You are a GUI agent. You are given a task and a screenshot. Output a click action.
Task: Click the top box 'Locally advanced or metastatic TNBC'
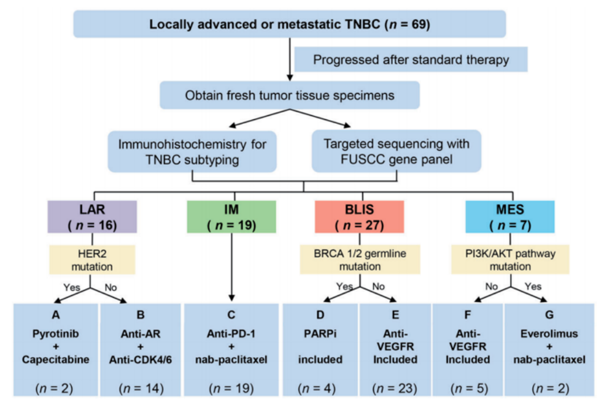pyautogui.click(x=289, y=25)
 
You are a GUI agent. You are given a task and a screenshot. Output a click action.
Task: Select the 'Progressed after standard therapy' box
pyautogui.click(x=411, y=60)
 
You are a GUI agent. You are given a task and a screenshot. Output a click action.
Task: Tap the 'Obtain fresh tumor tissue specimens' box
pyautogui.click(x=289, y=95)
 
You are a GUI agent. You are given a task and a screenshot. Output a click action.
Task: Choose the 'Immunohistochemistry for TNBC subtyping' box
pyautogui.click(x=192, y=151)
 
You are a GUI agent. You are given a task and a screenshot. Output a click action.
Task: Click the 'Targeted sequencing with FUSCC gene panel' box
pyautogui.click(x=396, y=151)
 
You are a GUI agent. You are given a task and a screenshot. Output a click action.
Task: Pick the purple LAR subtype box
pyautogui.click(x=92, y=218)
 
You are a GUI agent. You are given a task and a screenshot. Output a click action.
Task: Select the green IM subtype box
pyautogui.click(x=231, y=218)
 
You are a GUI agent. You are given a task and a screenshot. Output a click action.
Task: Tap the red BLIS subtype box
pyautogui.click(x=359, y=218)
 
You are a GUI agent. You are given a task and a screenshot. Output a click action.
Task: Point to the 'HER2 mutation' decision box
pyautogui.click(x=92, y=259)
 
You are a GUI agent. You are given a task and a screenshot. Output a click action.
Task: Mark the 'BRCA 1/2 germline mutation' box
pyautogui.click(x=359, y=259)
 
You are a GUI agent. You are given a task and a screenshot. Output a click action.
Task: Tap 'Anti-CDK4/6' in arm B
pyautogui.click(x=141, y=360)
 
